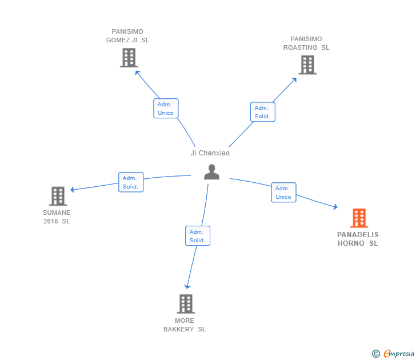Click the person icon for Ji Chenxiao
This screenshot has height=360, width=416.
211,172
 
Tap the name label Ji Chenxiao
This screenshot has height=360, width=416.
210,153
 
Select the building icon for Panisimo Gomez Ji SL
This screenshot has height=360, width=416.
129,58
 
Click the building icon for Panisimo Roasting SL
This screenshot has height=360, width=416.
307,65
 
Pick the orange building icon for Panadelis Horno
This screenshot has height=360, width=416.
359,218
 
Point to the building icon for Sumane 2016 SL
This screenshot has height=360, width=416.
58,197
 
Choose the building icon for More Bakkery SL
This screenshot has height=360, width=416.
185,304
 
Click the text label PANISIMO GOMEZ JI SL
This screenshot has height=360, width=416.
127,36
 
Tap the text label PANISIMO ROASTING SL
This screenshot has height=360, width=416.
306,43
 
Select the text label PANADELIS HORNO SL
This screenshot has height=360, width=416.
358,239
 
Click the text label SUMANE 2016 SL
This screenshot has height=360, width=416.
57,217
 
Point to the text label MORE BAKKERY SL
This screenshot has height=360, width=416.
185,325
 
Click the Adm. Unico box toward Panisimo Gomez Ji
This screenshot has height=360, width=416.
166,109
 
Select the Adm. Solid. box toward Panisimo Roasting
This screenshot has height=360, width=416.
262,112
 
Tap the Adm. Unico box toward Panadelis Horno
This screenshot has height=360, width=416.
283,193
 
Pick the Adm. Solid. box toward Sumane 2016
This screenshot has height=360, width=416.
130,182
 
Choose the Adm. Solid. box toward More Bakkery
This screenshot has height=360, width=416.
198,236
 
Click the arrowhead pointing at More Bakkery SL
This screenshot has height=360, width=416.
187,286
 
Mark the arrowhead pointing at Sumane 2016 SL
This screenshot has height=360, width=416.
73,190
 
